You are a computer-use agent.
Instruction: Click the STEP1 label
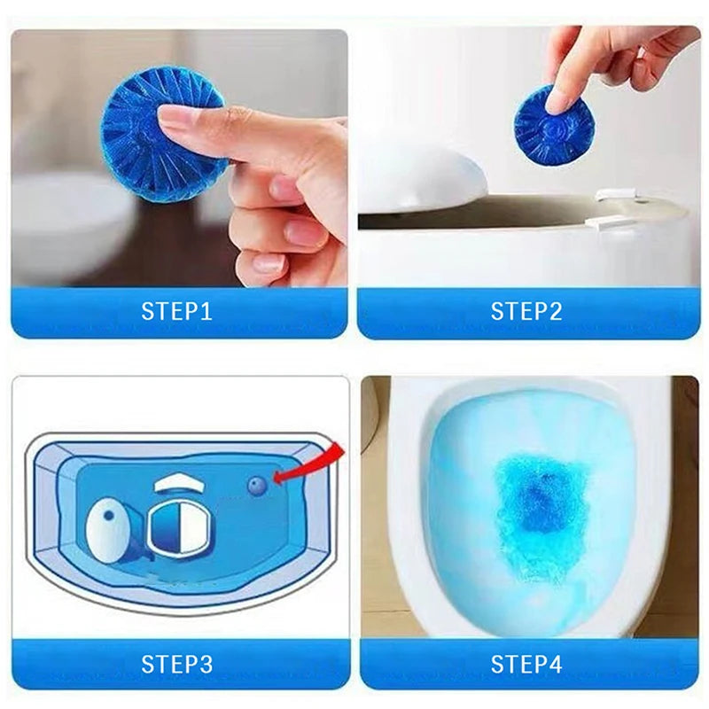pos(178,312)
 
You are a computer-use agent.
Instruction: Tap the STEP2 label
pos(527,312)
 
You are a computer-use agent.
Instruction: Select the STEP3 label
pos(178,664)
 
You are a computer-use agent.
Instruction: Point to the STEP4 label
pos(527,664)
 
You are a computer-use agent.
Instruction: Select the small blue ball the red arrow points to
pos(257,484)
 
